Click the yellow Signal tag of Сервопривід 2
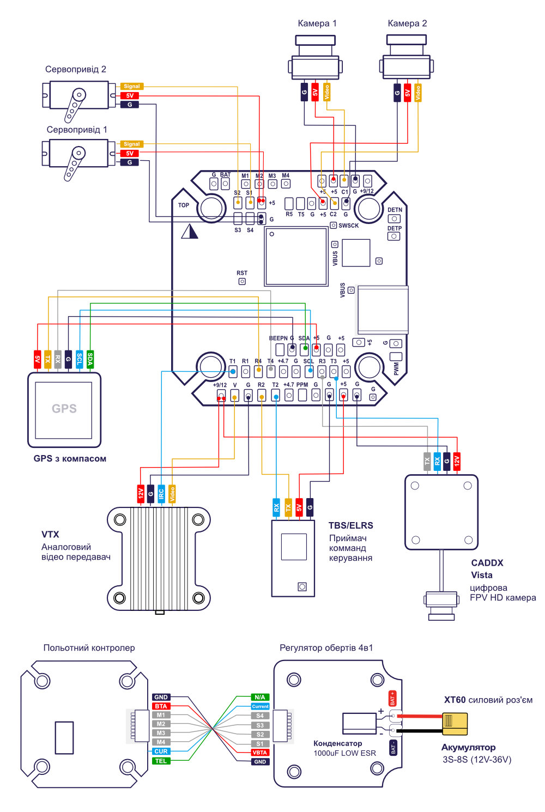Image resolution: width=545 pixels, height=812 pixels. click(131, 86)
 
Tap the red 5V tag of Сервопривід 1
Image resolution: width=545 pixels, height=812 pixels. click(130, 153)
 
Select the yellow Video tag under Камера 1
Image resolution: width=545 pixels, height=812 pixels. click(326, 92)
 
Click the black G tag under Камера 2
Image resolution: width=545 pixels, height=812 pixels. click(397, 93)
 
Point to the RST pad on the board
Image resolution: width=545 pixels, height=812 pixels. click(242, 281)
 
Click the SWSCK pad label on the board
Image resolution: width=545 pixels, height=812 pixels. click(348, 226)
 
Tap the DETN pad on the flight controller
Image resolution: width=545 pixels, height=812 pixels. click(394, 219)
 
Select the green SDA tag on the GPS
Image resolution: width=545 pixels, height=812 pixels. click(90, 359)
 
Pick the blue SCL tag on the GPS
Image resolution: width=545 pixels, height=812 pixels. click(80, 359)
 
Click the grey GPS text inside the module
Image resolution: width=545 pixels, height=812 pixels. click(64, 409)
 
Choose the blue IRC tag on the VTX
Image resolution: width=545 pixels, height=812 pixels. click(161, 494)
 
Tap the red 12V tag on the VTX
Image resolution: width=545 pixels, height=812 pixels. click(141, 494)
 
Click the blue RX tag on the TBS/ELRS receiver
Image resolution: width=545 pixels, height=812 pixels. click(276, 507)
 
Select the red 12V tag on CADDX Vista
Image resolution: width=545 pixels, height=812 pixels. click(457, 461)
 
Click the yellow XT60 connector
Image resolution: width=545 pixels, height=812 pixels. click(455, 722)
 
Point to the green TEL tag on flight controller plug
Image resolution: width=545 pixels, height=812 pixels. click(161, 761)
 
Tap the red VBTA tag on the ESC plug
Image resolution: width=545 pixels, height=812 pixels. click(260, 753)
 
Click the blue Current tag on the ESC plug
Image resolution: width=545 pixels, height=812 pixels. click(260, 706)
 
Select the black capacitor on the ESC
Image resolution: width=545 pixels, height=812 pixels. click(359, 723)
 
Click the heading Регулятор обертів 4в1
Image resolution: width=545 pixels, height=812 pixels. click(326, 648)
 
